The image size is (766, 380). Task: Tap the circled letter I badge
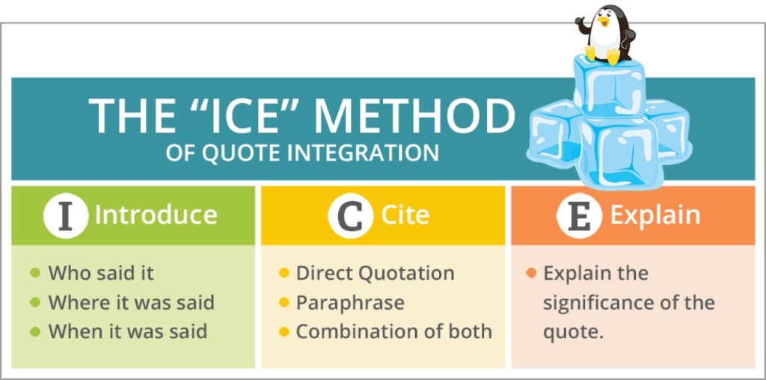point(66,215)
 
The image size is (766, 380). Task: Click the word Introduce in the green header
point(156,215)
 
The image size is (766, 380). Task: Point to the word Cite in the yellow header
point(405,215)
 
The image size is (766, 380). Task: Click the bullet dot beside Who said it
point(35,272)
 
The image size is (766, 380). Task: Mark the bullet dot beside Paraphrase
point(284,303)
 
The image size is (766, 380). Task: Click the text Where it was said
point(132,303)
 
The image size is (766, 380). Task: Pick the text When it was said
point(127,332)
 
